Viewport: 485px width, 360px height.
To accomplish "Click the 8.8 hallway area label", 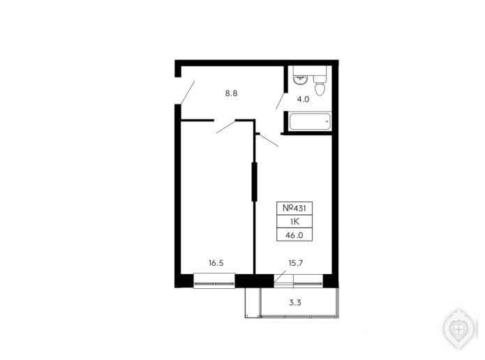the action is click(231, 93).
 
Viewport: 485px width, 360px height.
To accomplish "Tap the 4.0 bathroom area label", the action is click(303, 99).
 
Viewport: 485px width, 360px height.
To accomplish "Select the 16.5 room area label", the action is click(216, 263).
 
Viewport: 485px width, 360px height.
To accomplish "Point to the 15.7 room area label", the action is click(296, 263).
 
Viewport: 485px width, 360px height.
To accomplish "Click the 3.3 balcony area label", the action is click(295, 303).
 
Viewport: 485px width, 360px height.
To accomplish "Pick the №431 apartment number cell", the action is click(294, 208).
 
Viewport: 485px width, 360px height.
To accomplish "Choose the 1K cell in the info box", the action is click(294, 221).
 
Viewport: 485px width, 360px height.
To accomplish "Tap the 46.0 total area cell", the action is click(294, 235).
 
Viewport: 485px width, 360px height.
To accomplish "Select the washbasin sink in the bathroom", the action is click(300, 80).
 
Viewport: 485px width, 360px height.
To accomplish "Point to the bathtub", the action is click(311, 122).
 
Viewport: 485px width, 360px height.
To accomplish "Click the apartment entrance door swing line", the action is click(188, 92).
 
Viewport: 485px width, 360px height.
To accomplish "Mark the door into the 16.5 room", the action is click(226, 127).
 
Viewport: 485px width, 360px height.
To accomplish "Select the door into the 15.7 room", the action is click(269, 140).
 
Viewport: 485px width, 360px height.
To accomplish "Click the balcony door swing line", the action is click(280, 276).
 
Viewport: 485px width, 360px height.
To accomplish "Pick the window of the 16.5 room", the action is click(214, 281).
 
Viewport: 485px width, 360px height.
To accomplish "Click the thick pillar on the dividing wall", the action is click(254, 182).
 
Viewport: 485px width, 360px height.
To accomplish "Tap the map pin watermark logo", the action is click(459, 329).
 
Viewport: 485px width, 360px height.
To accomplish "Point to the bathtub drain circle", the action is click(327, 122).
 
